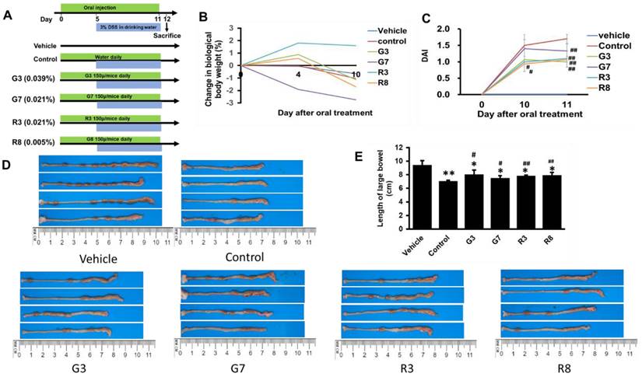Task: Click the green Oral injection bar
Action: (x=110, y=5)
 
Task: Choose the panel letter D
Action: (x=7, y=164)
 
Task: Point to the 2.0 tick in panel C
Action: (x=465, y=29)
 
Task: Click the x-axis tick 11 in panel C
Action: (x=567, y=103)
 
